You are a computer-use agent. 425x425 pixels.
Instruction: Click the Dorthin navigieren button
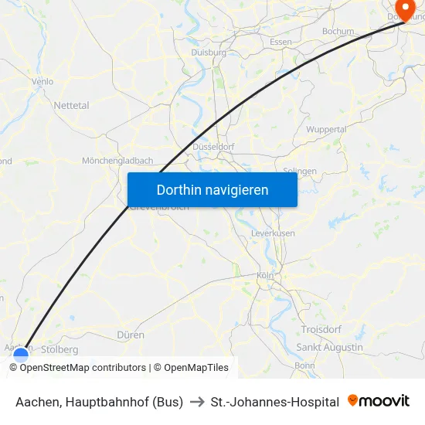click(x=212, y=189)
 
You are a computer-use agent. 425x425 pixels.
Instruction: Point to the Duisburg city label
click(x=208, y=53)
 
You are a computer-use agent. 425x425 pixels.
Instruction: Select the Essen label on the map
click(x=280, y=42)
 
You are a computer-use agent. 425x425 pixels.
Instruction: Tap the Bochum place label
click(x=338, y=32)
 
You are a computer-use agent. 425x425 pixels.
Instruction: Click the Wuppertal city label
click(x=326, y=129)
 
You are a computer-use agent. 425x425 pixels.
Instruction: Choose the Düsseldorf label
click(x=212, y=146)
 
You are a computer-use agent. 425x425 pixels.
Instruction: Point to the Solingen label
click(x=300, y=171)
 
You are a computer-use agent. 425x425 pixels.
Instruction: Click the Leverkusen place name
click(x=273, y=233)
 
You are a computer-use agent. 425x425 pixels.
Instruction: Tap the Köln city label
click(x=265, y=275)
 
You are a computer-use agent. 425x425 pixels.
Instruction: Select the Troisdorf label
click(x=321, y=329)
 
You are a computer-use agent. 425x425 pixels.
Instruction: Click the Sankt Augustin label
click(x=330, y=348)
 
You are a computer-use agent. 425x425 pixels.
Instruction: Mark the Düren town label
click(x=131, y=335)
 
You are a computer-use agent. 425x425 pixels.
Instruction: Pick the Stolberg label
click(x=59, y=349)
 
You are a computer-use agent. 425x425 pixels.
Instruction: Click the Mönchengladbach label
click(x=117, y=161)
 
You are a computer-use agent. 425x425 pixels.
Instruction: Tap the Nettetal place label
click(x=71, y=105)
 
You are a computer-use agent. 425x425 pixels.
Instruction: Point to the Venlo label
click(x=42, y=81)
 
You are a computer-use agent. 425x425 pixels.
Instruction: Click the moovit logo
click(x=379, y=401)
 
